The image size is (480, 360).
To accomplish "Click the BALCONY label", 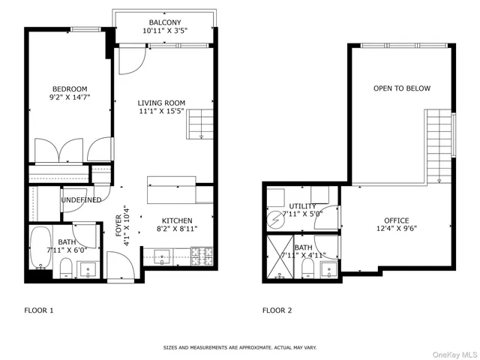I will tap(164, 22).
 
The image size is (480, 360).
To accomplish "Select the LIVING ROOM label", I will tap(161, 103).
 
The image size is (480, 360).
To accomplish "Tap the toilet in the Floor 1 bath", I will tap(66, 268).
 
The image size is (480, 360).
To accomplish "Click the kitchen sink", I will tap(163, 259).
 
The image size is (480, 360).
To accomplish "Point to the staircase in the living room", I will tap(199, 123).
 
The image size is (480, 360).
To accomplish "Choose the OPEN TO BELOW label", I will tap(402, 88).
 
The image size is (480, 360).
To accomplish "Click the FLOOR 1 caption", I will tap(40, 310).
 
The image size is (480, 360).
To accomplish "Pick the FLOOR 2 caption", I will tap(277, 310).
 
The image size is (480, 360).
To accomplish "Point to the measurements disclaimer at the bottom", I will tap(240, 347).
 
